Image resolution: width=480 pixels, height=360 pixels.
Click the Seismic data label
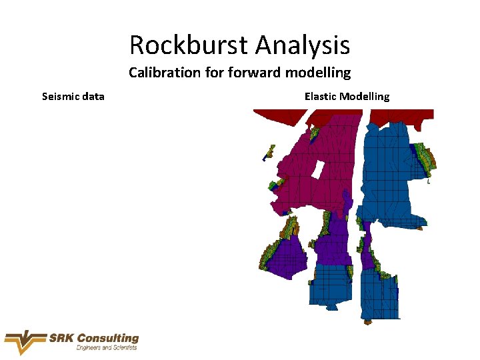[73, 96]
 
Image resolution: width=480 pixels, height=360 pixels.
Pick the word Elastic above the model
[320, 96]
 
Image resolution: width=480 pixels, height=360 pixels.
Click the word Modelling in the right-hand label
[365, 96]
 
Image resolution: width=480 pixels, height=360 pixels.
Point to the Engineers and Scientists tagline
[107, 348]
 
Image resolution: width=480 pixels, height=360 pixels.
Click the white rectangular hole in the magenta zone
[318, 169]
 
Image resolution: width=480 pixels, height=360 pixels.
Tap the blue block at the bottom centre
[333, 283]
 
